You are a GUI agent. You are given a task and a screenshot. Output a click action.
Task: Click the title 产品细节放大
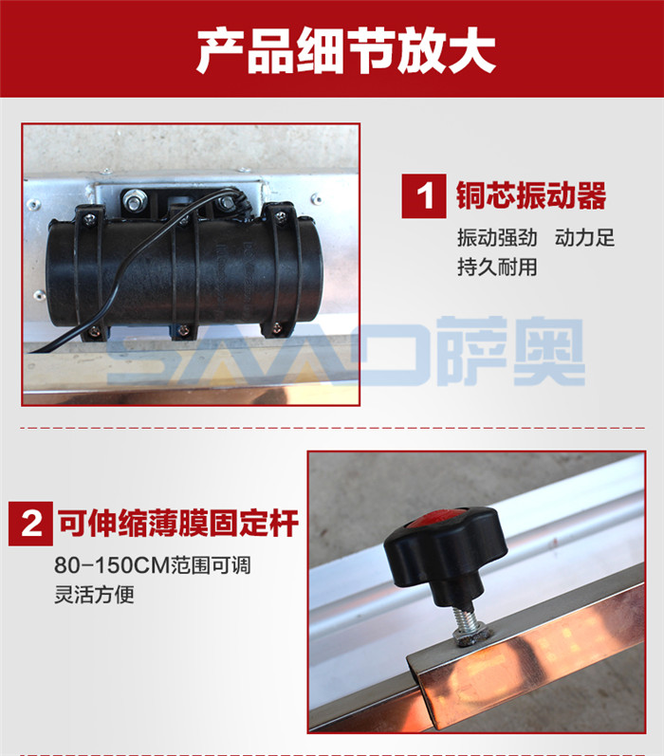(x=345, y=51)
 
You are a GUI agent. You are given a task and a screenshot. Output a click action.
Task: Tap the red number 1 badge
(x=424, y=196)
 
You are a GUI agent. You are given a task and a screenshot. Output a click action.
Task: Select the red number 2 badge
(x=31, y=524)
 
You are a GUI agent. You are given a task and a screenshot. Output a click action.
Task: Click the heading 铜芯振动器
(x=531, y=195)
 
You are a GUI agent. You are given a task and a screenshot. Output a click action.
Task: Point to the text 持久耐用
(x=497, y=267)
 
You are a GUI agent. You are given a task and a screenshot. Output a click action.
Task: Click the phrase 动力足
(x=584, y=238)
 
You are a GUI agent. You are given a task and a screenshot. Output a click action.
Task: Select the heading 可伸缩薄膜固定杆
(x=178, y=523)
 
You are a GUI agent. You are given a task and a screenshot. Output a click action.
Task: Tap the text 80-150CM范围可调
(x=153, y=565)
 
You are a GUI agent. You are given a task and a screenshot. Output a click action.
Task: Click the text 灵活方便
(x=94, y=594)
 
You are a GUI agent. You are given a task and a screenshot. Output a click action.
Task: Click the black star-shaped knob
(x=446, y=555)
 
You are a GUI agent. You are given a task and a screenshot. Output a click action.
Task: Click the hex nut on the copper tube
(x=473, y=636)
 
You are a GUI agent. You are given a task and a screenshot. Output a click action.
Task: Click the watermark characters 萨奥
(x=512, y=352)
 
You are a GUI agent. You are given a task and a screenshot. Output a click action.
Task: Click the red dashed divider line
(x=332, y=428)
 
